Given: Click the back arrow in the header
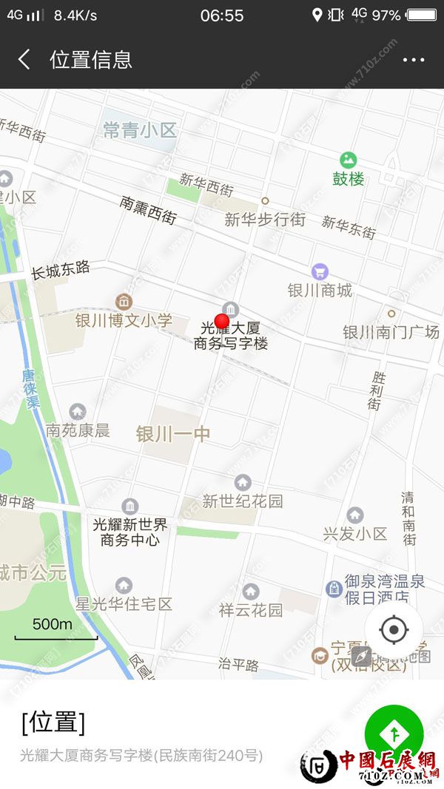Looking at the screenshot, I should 24,60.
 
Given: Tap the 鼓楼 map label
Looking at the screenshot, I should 348,179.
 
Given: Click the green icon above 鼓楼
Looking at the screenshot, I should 348,160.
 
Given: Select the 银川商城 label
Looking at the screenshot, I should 320,290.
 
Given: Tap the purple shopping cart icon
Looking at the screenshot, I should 320,271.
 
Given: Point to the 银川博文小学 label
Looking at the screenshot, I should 124,320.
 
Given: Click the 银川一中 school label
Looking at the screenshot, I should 173,434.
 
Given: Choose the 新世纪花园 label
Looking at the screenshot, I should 243,501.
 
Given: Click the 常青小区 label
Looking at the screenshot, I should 140,131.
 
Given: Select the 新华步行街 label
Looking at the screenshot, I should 265,220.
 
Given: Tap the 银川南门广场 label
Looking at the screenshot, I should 391,332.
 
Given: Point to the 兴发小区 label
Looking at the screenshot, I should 355,533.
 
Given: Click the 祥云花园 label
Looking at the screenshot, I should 251,610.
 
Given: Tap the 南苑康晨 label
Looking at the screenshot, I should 78,430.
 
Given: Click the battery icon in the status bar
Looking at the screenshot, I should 421,15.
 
